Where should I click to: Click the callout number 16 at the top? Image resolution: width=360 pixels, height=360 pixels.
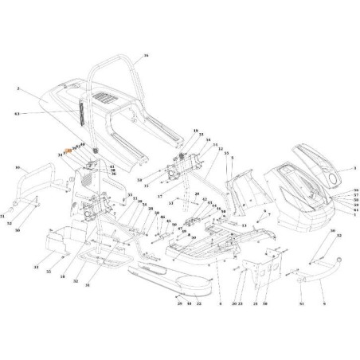point(147,56)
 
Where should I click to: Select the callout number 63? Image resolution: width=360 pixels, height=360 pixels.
point(15,114)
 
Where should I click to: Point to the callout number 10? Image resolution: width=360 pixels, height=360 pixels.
point(18,168)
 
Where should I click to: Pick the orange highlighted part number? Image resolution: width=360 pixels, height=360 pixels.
point(68,150)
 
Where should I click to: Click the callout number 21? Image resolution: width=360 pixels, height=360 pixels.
point(256,303)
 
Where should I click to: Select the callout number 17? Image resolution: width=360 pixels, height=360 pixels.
point(159,196)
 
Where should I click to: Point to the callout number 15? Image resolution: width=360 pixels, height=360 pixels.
point(146,185)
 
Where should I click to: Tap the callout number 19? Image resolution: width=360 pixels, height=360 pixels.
point(195,130)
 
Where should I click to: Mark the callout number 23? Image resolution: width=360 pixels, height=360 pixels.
point(240,303)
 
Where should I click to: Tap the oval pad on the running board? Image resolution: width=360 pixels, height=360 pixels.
point(166,274)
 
